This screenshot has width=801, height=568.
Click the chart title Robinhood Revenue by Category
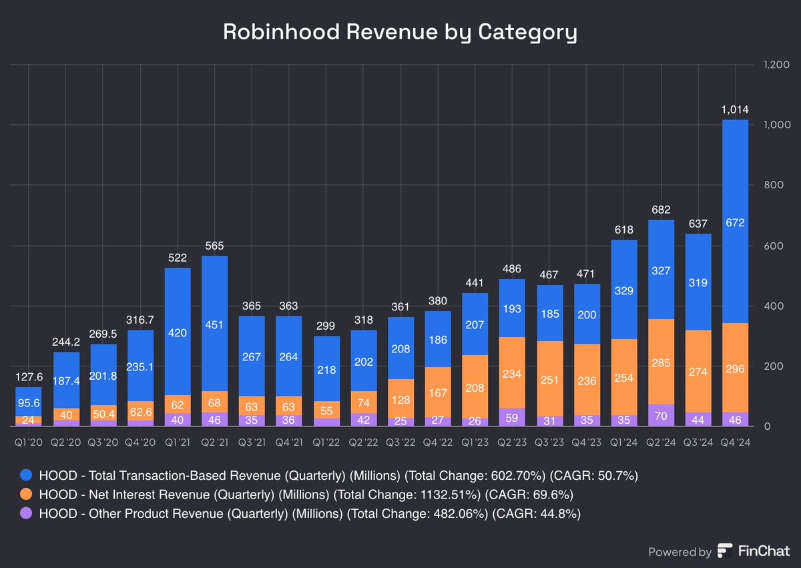coord(400,32)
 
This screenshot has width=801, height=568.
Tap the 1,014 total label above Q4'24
coord(735,109)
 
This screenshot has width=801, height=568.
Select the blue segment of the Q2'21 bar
coord(214,324)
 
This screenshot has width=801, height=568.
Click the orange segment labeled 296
coord(735,368)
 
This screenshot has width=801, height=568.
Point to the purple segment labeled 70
coord(661,415)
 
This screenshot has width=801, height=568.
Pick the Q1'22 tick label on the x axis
coord(326,443)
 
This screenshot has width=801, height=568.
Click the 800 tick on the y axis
coord(774,185)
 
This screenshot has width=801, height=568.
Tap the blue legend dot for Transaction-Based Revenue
coord(26,475)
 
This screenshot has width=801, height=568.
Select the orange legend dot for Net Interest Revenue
coord(26,494)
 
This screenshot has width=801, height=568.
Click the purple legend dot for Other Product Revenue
coord(26,513)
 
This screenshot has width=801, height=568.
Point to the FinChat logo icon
coord(724,551)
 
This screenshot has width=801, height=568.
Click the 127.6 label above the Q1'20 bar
coord(29,376)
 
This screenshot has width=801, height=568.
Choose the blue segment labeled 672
coord(735,222)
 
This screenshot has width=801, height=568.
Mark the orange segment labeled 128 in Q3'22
coord(401,399)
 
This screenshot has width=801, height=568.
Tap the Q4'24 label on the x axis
coord(735,443)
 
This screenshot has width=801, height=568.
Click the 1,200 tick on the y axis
coord(776,65)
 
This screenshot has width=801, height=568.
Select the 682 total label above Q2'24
coord(661,210)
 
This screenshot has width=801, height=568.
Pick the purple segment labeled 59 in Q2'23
coord(512,417)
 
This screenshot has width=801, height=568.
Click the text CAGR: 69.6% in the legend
coord(529,495)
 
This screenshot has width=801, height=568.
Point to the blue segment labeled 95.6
coord(29,402)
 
